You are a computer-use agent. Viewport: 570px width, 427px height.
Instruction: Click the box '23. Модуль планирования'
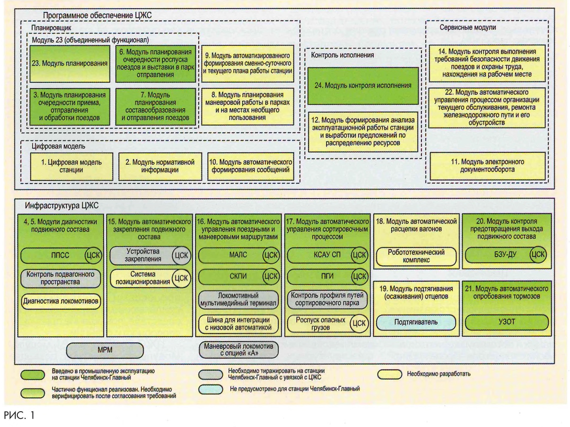tap(70, 63)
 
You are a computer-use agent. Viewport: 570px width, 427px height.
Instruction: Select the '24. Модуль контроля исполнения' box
tap(363, 86)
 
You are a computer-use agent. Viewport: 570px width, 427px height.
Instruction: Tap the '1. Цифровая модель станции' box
tap(71, 166)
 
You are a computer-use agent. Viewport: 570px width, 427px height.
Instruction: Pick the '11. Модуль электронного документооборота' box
tap(487, 166)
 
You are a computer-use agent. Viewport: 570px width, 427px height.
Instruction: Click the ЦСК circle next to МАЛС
tap(271, 255)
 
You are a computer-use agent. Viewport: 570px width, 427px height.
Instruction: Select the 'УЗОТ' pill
tap(507, 322)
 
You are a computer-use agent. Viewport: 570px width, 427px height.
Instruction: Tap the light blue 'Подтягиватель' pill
tap(416, 322)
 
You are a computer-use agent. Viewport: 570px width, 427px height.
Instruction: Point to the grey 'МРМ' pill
tap(105, 350)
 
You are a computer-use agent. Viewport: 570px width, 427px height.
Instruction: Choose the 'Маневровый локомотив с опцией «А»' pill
tap(239, 350)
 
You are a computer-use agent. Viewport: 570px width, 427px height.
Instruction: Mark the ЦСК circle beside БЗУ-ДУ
tap(538, 254)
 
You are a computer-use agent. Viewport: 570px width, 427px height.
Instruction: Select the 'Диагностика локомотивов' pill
tap(61, 301)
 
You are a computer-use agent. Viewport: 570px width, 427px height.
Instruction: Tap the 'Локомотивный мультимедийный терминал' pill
tap(238, 299)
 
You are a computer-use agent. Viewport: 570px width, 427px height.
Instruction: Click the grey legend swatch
tap(210, 374)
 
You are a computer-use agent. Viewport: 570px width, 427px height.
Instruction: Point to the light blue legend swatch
tap(210, 389)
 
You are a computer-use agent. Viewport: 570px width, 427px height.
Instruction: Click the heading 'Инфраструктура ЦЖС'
tap(62, 206)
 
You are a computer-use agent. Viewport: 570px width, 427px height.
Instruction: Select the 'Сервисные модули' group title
tap(467, 27)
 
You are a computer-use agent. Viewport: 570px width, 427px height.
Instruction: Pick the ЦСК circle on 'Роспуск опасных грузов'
tap(359, 323)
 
